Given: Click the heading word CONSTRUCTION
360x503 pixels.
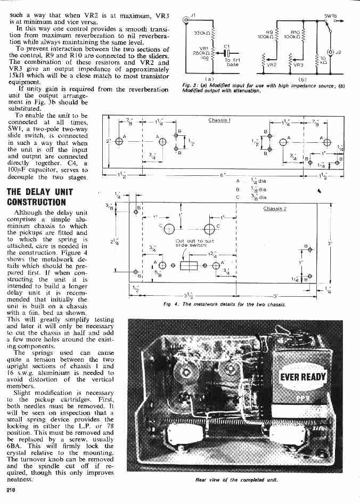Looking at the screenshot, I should tap(36, 202).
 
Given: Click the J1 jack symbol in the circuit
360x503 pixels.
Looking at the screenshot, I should tap(186, 21).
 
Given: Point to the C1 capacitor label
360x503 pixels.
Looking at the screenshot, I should tap(227, 46).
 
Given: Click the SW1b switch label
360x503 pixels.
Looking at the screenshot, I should tap(331, 16).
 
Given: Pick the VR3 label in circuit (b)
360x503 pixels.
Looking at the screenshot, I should tap(298, 64).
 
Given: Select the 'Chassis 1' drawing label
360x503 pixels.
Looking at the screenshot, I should tap(219, 120).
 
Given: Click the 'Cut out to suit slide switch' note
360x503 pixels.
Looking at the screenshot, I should tap(190, 243).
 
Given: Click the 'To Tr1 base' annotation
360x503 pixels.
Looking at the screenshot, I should tap(233, 62).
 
